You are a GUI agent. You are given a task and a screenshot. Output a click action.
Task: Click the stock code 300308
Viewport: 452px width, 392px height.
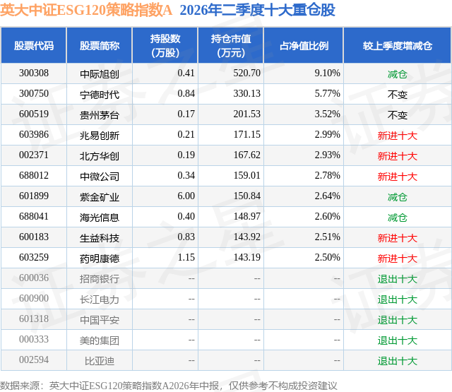click(x=34, y=73)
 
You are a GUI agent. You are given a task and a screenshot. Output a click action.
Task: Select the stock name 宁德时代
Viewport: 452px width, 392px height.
click(x=100, y=94)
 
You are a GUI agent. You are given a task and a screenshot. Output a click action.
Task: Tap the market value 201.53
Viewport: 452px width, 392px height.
click(x=246, y=114)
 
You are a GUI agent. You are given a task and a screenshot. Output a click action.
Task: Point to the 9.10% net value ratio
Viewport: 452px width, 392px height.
click(x=327, y=73)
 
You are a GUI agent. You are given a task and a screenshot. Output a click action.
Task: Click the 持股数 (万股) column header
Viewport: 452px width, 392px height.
click(x=165, y=45)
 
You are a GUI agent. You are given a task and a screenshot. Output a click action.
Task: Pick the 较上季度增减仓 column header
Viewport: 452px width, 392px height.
click(x=398, y=46)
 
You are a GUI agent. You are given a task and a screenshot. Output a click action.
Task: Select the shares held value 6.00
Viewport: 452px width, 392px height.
click(x=186, y=196)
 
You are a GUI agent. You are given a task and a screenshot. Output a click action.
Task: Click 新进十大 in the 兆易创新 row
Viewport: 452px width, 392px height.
click(x=398, y=136)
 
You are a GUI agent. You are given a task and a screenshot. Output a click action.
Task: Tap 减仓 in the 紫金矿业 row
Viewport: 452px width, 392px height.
click(x=398, y=197)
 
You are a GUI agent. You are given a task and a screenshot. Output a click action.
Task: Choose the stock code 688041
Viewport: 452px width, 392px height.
click(x=34, y=216)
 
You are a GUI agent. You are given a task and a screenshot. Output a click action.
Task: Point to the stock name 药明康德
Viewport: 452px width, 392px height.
click(x=100, y=259)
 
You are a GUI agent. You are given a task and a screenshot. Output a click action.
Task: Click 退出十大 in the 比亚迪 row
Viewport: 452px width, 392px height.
click(x=398, y=361)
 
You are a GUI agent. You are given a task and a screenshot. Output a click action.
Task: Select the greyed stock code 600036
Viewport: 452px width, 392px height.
click(x=34, y=278)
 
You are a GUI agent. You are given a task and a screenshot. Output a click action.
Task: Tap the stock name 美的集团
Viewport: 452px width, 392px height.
click(x=100, y=340)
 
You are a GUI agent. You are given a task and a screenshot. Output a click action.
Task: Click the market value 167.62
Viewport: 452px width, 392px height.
click(x=246, y=155)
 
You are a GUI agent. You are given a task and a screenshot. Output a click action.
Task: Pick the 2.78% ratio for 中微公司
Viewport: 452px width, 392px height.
click(x=327, y=175)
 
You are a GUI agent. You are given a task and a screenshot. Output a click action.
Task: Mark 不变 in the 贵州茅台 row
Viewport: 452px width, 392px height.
click(x=398, y=115)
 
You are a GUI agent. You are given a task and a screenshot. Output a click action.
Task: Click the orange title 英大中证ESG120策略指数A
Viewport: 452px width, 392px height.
click(x=86, y=10)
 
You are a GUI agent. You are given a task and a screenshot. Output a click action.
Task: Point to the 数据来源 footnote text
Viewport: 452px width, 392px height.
click(x=168, y=386)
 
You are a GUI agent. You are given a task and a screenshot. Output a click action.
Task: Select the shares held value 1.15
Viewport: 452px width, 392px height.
click(x=186, y=257)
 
